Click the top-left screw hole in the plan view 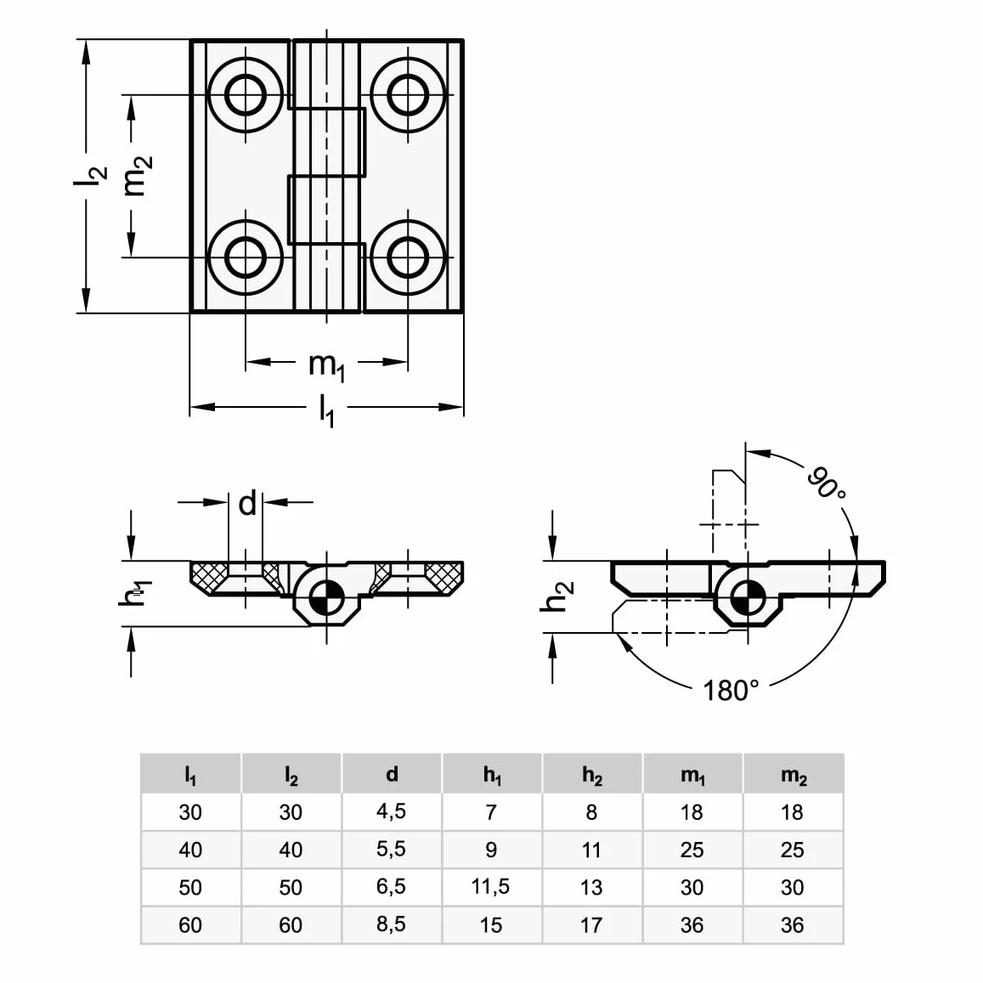coord(246,95)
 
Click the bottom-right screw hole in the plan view coord(408,257)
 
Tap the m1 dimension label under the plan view coord(326,365)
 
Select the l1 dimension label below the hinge coord(326,410)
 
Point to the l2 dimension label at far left coord(90,176)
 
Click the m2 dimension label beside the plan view coord(138,176)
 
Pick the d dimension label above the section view coord(247,503)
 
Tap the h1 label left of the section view coord(134,593)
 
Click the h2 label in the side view coord(556,596)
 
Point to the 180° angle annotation coord(731,690)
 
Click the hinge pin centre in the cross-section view coord(326,596)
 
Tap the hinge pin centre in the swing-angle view coord(746,597)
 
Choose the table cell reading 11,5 coord(490,886)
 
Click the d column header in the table coord(391,774)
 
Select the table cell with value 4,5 coord(391,811)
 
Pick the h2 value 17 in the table coord(591,924)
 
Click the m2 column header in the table coord(793,776)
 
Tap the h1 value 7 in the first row coord(491,812)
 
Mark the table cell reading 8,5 coord(391,924)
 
